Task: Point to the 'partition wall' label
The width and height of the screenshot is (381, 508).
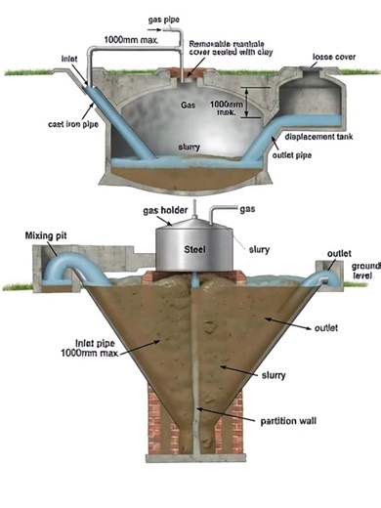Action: [x=264, y=421]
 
